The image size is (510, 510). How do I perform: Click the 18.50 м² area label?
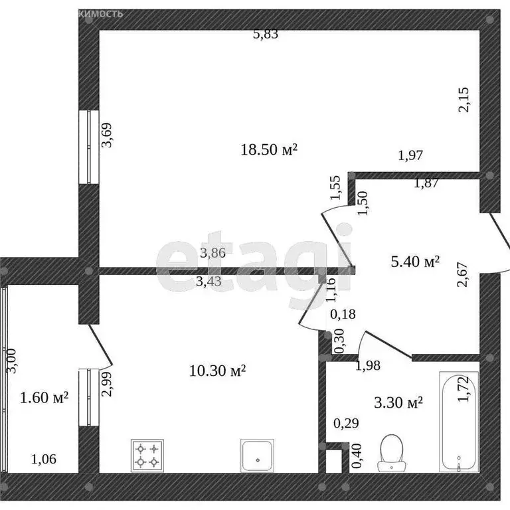(268, 150)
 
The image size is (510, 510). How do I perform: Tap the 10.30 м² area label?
(218, 371)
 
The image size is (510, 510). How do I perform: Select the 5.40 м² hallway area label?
(414, 262)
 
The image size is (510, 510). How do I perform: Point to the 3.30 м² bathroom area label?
(398, 402)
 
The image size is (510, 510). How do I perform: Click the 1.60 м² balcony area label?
(44, 398)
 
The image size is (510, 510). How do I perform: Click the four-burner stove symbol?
(147, 455)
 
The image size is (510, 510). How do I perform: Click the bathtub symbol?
(458, 421)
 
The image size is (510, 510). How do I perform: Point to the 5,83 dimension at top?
(266, 35)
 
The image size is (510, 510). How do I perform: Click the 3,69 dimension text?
(106, 141)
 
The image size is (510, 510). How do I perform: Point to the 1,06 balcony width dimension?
(44, 458)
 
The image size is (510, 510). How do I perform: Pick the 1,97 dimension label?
(410, 156)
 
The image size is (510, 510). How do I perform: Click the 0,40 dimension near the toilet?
(356, 457)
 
